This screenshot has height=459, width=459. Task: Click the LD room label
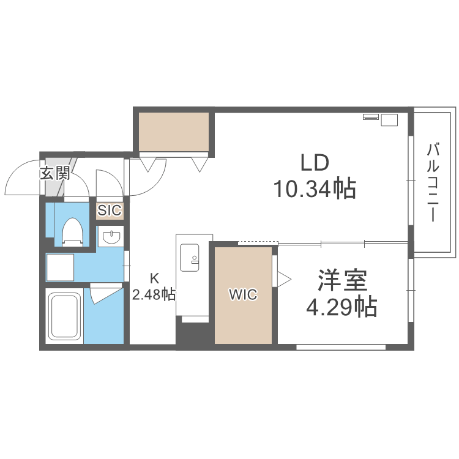coord(315,163)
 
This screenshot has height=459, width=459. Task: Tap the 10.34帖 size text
coord(315,189)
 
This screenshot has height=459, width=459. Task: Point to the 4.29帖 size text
coord(341,306)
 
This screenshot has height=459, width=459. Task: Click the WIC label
coord(243,295)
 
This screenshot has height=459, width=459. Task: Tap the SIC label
coord(110,211)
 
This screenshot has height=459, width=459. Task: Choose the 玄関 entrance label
coord(55,173)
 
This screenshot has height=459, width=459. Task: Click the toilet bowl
coord(72,231)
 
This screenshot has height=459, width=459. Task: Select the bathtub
coord(64,316)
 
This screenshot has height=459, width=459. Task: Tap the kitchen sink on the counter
coord(188,258)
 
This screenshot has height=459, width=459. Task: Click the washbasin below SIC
coord(111,237)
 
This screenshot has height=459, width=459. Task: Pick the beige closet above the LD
coord(174,131)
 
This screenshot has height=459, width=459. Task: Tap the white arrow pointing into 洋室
coord(284,279)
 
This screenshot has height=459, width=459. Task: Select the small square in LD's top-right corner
coord(389,120)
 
